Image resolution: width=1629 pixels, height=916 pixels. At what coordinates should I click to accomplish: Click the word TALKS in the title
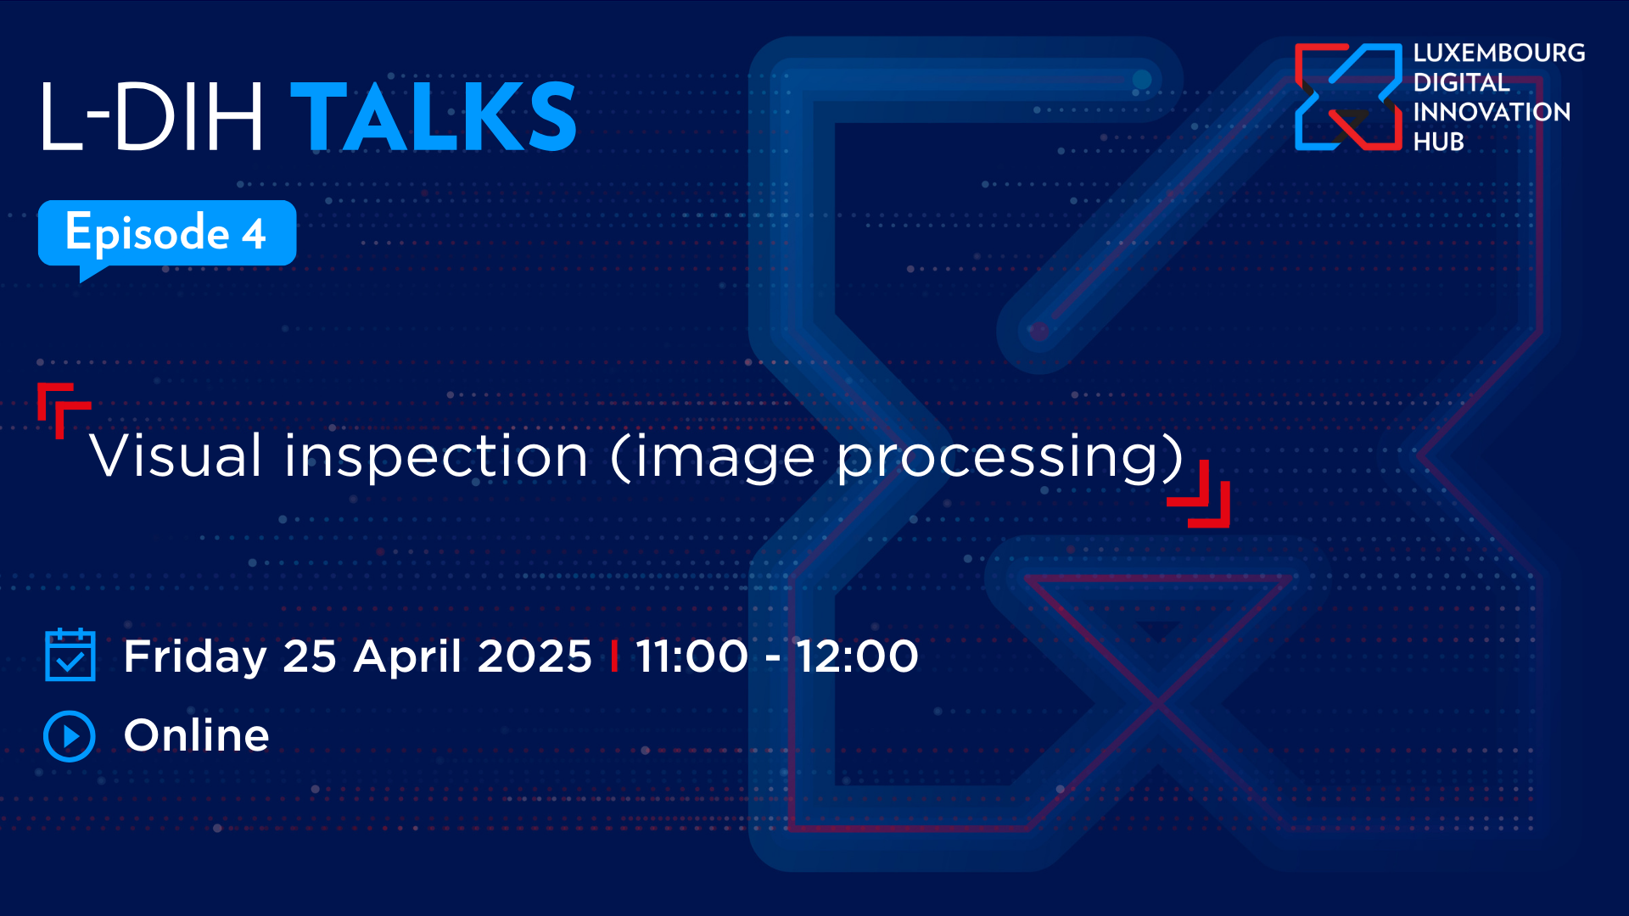(x=434, y=117)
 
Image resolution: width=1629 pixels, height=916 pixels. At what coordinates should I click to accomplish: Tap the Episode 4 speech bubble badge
(x=167, y=233)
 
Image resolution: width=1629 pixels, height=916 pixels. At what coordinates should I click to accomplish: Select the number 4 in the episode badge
(x=254, y=234)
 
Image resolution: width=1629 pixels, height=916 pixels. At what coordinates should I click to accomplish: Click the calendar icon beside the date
(x=70, y=655)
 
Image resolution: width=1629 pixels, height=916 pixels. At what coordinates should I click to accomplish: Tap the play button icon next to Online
(x=70, y=735)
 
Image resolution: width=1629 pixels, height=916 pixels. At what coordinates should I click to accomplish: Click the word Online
(x=197, y=735)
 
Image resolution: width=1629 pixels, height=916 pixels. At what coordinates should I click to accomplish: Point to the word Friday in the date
(x=195, y=656)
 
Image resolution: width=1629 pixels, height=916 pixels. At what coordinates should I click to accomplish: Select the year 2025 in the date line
(x=535, y=656)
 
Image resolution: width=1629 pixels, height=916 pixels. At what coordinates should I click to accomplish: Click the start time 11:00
(x=691, y=656)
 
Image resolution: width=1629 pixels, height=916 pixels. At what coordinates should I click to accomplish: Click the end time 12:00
(x=857, y=656)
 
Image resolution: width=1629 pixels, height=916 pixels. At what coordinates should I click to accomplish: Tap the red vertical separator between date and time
(x=613, y=656)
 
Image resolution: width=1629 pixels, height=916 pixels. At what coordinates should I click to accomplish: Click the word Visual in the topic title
(x=176, y=456)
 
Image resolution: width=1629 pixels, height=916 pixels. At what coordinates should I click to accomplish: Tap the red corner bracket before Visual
(x=61, y=408)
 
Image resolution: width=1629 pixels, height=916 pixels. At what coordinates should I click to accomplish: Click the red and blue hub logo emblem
(x=1348, y=97)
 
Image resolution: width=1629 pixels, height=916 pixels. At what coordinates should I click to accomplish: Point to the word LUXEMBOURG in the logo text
(x=1498, y=53)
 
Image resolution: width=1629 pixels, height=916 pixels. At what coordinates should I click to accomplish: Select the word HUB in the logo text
(x=1438, y=142)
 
